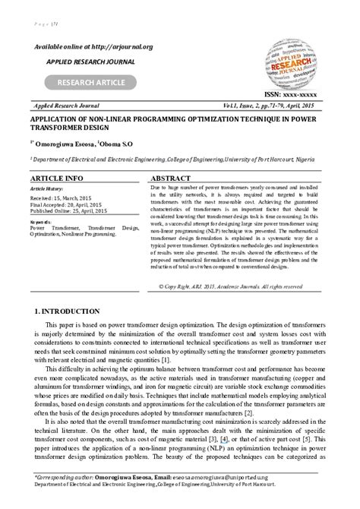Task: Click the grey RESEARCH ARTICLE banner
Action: tap(90, 83)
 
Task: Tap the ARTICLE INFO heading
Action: tap(57, 178)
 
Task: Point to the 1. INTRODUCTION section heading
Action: tap(68, 311)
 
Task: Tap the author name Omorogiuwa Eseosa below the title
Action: tap(60, 143)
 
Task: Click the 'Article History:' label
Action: tap(47, 188)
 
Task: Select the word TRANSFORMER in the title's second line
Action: tap(58, 128)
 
